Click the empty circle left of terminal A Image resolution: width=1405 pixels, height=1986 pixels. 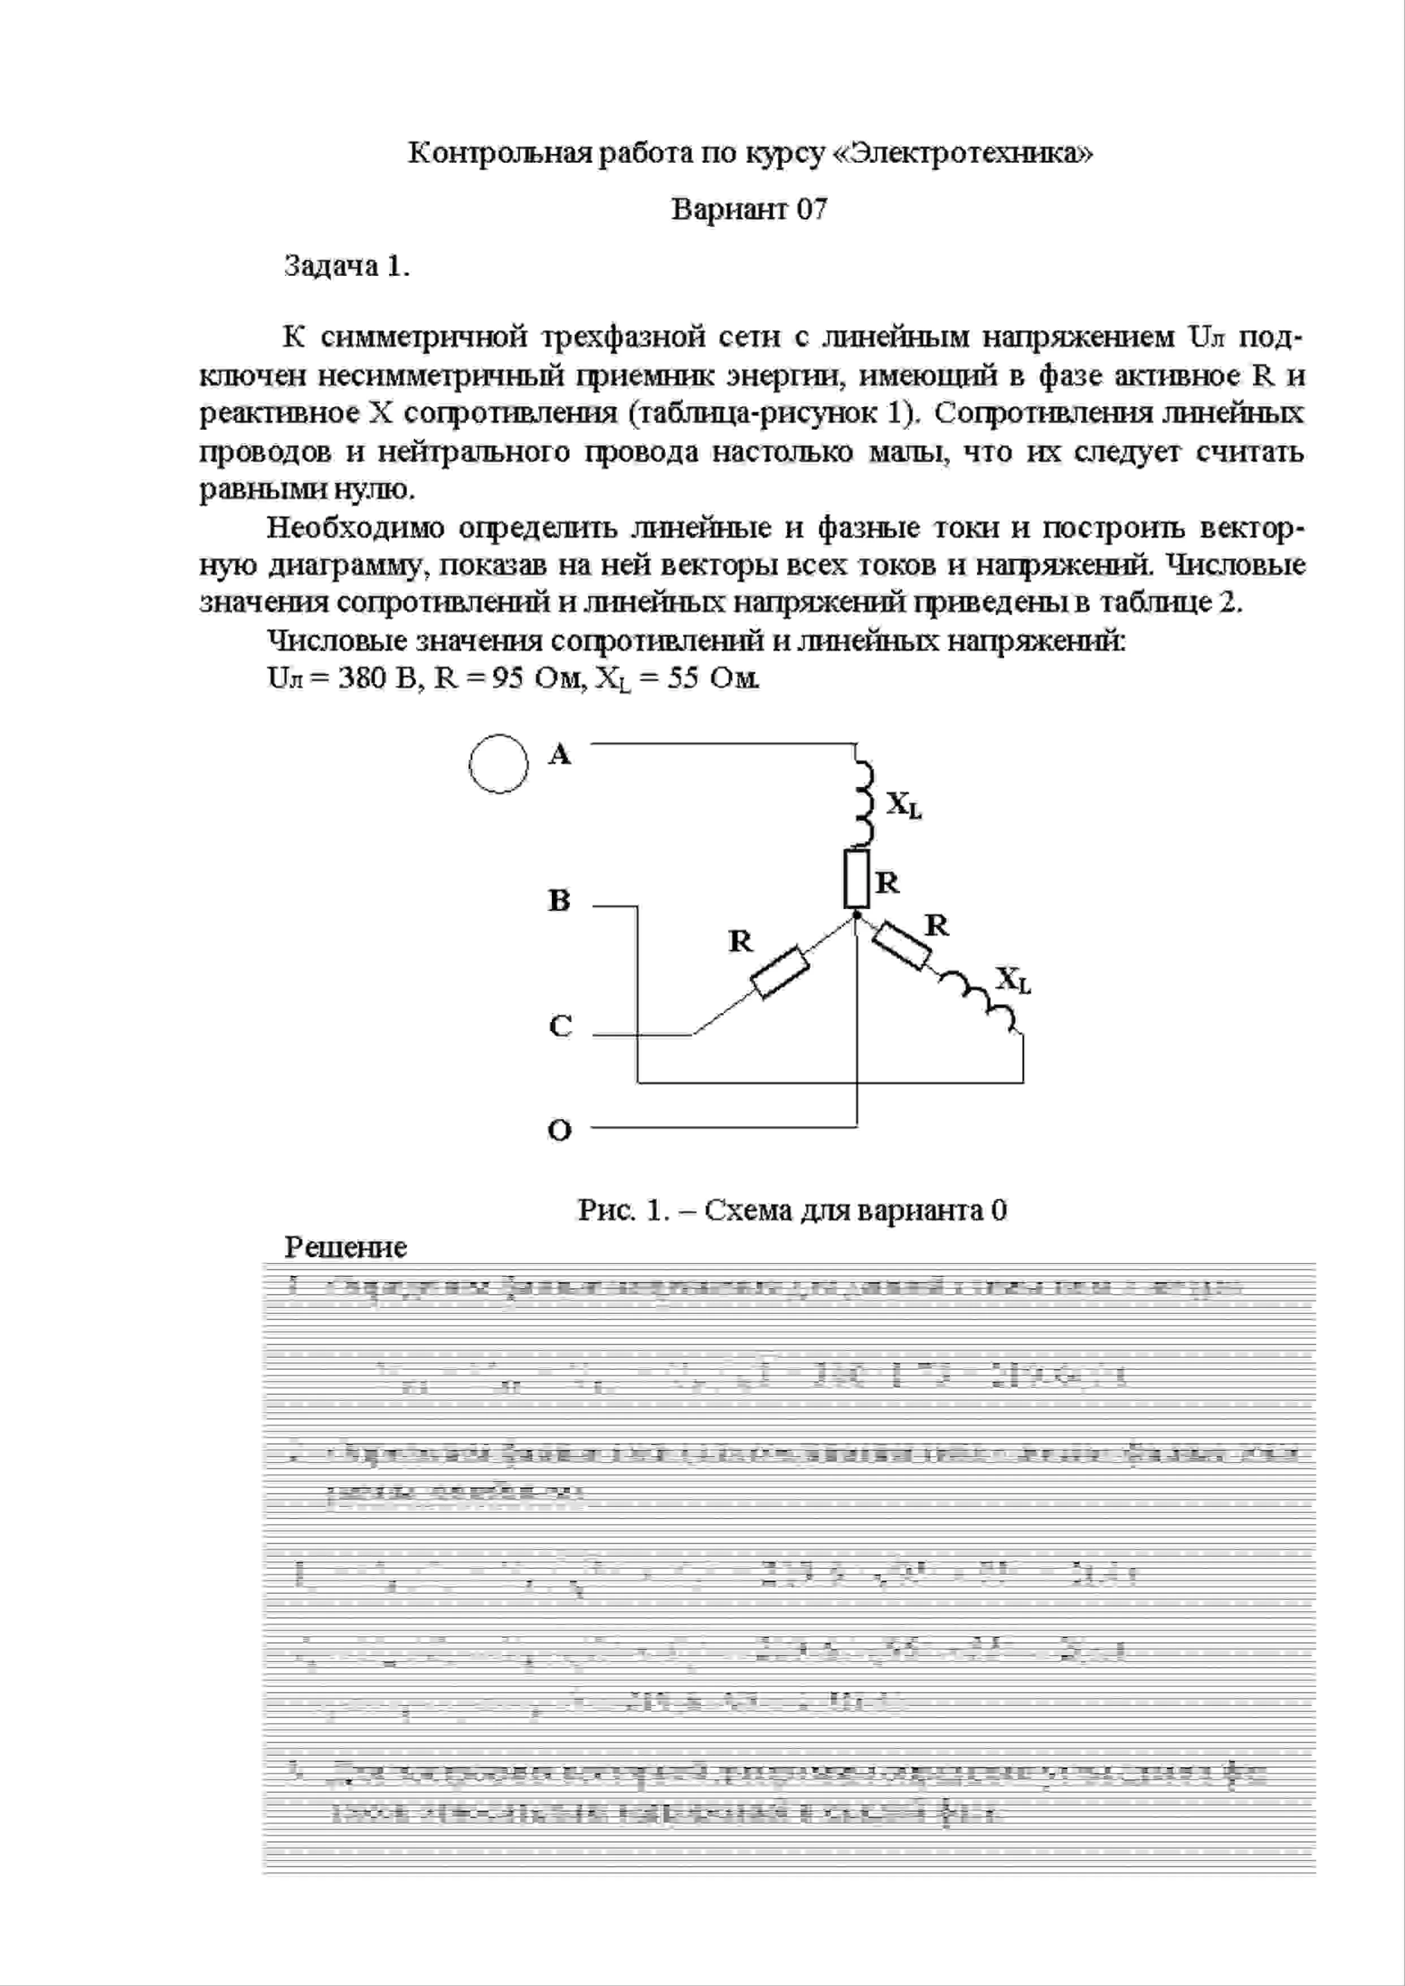coord(498,764)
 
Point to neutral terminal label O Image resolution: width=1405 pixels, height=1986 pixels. coord(560,1131)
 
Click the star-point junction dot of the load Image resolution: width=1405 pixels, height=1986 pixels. coord(857,914)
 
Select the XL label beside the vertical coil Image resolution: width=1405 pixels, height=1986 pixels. coord(904,805)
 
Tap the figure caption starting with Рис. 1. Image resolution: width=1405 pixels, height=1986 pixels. coord(792,1209)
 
